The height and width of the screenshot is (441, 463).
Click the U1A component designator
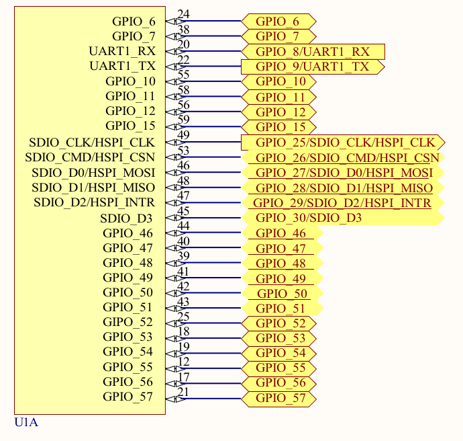26,422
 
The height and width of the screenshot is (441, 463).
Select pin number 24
183,14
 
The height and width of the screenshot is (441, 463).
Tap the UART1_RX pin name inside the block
121,51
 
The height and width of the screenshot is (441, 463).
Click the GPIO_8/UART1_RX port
313,52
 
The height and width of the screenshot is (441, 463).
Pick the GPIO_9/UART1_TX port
312,67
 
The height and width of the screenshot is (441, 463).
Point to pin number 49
183,135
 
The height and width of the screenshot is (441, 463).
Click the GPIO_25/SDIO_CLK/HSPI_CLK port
342,143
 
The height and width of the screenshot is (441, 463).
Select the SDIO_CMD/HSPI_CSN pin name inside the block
90,157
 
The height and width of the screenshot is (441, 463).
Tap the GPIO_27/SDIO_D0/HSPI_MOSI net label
344,173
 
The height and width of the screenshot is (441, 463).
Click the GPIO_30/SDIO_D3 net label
309,218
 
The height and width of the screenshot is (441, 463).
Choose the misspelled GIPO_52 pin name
127,322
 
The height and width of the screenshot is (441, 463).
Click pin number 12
183,362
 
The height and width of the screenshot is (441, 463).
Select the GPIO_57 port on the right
280,399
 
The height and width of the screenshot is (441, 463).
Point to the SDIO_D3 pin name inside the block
126,218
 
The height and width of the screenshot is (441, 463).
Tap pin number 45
183,211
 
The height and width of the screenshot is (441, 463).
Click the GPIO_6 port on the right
277,22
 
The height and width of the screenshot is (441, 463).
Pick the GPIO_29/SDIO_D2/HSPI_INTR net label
342,203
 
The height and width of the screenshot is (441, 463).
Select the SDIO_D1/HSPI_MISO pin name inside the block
93,188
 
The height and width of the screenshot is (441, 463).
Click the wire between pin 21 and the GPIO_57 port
211,399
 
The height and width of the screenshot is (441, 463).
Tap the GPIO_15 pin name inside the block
130,126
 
